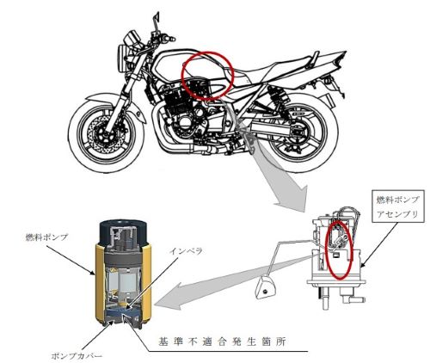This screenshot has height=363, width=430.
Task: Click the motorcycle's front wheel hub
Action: [x=103, y=133]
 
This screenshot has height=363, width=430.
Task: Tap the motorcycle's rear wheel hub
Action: [x=298, y=133]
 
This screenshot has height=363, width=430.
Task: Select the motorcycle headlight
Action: [x=121, y=58]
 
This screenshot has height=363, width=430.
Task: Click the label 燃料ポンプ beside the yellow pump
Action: [x=46, y=237]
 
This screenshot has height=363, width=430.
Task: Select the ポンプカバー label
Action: [x=77, y=356]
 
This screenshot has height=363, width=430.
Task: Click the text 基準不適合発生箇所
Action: [x=222, y=341]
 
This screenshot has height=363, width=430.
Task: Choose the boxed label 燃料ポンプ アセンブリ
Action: [x=397, y=206]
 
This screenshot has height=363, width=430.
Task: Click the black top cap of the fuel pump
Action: [x=124, y=233]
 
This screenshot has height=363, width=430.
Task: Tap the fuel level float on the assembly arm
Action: [x=264, y=288]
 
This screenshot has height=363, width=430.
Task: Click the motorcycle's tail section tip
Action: [x=344, y=53]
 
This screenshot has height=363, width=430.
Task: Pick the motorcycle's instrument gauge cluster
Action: [x=133, y=38]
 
